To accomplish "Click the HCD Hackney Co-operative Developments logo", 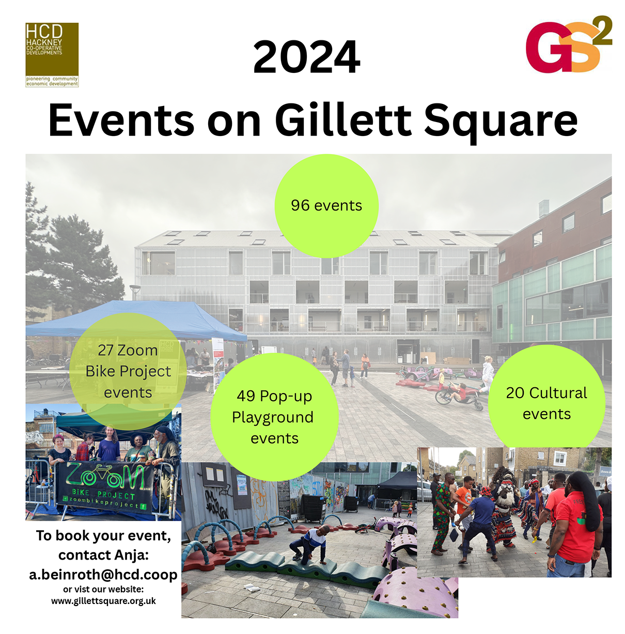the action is [x=52, y=55].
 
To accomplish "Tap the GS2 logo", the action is [x=569, y=44].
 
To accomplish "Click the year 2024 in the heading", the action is [x=306, y=57].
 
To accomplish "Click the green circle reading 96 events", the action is [x=326, y=206].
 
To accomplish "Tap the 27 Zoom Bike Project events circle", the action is [x=128, y=371].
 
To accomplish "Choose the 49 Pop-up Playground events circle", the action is [x=274, y=417].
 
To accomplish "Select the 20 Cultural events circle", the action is [x=546, y=399].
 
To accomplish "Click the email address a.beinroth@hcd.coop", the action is [x=103, y=574].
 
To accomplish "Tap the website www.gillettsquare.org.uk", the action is [x=103, y=601].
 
